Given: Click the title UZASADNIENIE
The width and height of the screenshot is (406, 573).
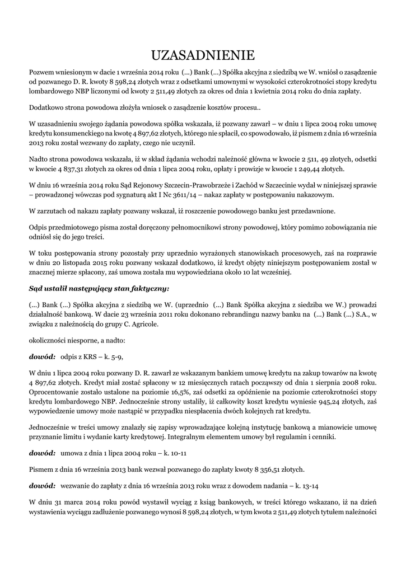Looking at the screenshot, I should tap(203, 55).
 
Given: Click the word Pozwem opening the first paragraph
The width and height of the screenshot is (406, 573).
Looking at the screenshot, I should tap(42, 72).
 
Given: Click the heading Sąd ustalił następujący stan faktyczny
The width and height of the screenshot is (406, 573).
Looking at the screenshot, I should tap(99, 289).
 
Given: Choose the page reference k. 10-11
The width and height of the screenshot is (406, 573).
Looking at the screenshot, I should tap(172, 453).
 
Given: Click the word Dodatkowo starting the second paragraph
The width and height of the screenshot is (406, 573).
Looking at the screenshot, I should tap(48, 107).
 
